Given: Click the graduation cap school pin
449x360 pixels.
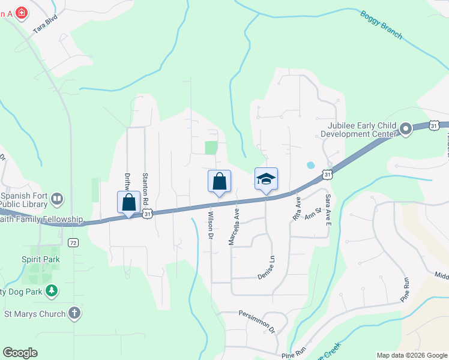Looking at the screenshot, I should [266, 179].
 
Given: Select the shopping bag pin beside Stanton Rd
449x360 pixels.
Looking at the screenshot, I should [128, 202].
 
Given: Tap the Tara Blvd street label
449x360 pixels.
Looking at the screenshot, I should [45, 29].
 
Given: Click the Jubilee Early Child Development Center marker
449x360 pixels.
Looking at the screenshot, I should [405, 128].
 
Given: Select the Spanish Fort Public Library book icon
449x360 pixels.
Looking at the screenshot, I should [58, 198].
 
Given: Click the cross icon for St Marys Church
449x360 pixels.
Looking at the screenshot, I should [74, 313].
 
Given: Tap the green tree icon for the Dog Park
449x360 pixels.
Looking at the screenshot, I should [52, 292].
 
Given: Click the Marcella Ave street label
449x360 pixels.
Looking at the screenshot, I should [234, 226].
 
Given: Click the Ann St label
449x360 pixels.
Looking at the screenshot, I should [313, 214].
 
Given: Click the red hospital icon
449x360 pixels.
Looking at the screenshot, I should [22, 13].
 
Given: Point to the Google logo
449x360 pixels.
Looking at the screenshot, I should [20, 353].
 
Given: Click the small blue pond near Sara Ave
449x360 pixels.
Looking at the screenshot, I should [310, 164].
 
